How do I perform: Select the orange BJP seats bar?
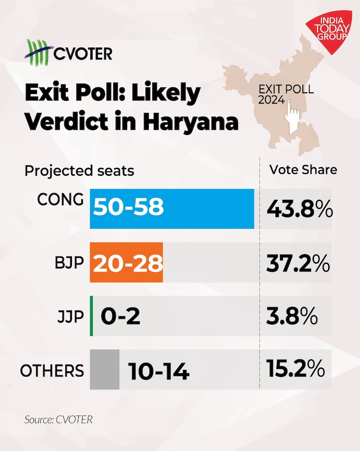(126, 262)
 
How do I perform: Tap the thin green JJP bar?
(91, 316)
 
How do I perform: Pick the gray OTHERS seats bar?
(105, 369)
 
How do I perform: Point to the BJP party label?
(69, 263)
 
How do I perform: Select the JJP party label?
(70, 317)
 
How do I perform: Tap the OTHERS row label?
(52, 371)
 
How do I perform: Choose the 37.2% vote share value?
(298, 263)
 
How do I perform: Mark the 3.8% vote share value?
(291, 316)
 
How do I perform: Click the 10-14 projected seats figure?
(159, 371)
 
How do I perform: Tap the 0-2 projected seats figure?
(120, 317)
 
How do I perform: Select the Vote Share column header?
(303, 170)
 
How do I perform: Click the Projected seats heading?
(79, 171)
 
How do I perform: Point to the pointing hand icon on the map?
(293, 114)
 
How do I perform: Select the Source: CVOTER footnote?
(58, 419)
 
